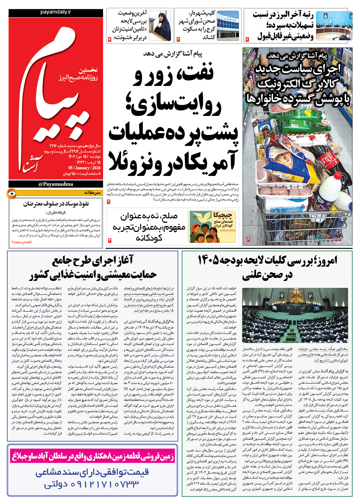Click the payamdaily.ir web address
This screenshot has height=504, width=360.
[x=56, y=12]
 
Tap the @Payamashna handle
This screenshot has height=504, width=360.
[x=56, y=184]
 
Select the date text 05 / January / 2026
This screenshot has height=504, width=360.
[x=84, y=168]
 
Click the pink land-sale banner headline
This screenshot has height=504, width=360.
[x=92, y=456]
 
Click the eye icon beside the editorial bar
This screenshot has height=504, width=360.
[x=12, y=193]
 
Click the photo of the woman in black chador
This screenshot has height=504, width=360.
[x=160, y=26]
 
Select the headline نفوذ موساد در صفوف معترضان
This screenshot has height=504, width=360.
[x=56, y=204]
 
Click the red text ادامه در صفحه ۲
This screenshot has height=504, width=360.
[x=22, y=242]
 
